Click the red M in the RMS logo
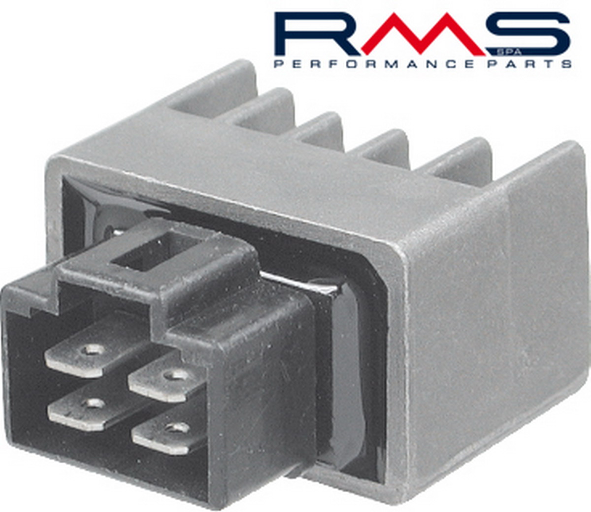[423, 34]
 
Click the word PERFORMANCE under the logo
[375, 64]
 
